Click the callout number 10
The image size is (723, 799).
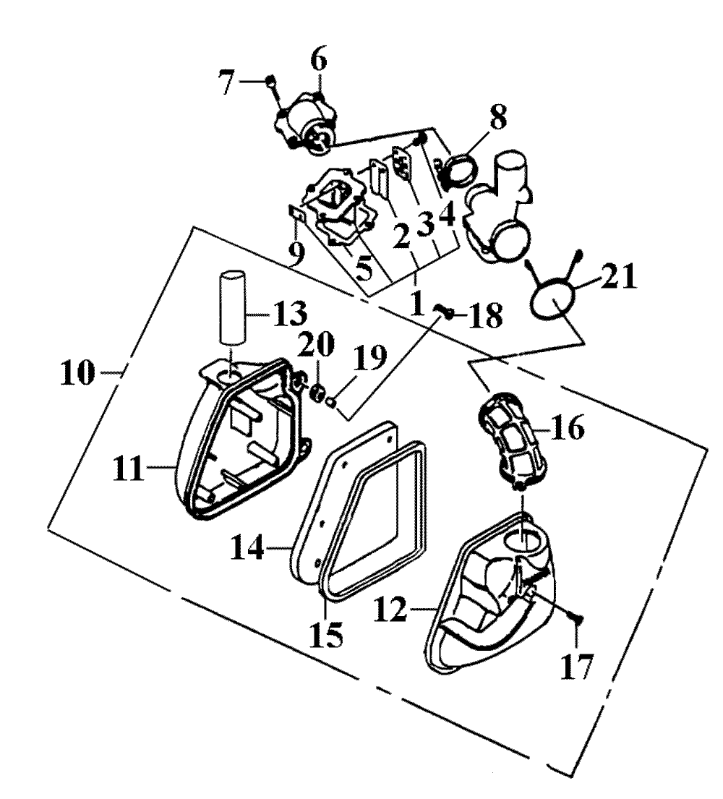tap(77, 372)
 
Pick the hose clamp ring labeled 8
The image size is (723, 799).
tap(461, 170)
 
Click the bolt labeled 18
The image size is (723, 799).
tap(445, 312)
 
